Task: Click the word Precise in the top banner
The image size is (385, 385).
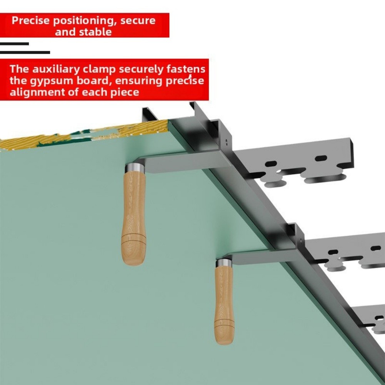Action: [x=31, y=20]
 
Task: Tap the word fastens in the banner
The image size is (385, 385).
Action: [x=185, y=69]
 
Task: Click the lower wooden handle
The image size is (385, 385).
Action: [x=224, y=304]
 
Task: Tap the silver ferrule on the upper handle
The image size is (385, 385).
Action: [x=135, y=168]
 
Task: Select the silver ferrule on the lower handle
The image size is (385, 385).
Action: [x=224, y=263]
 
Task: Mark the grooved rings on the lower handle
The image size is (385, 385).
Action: [x=224, y=325]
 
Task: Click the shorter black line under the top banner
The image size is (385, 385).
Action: [x=14, y=44]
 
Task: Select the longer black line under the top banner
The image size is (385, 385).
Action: [x=25, y=52]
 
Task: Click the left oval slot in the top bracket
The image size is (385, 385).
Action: [x=271, y=163]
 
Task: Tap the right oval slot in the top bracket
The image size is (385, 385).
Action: [x=320, y=158]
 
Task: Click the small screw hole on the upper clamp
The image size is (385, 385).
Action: [x=227, y=141]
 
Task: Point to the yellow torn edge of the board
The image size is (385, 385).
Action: [x=77, y=135]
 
